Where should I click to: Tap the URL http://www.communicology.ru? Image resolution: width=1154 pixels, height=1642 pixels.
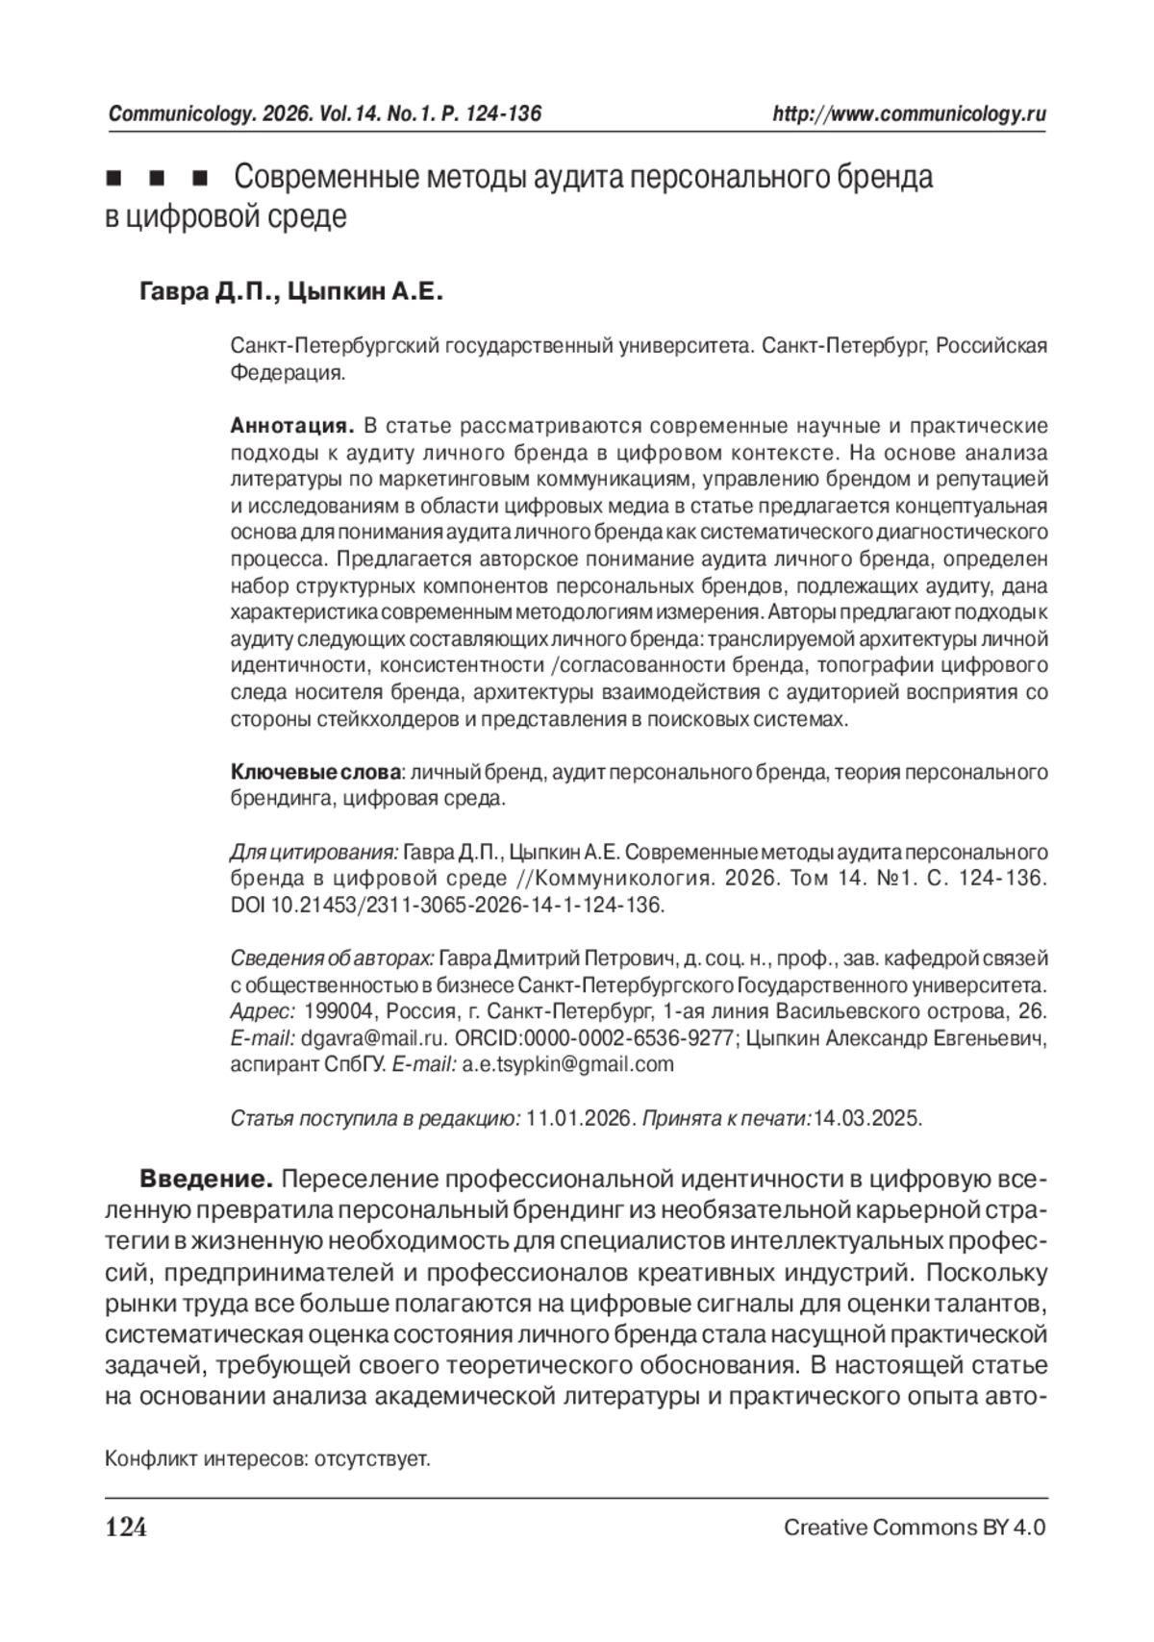coord(910,114)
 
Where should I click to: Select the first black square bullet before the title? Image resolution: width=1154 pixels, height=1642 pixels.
coord(113,180)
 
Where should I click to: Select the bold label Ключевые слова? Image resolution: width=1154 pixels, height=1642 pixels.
coord(315,772)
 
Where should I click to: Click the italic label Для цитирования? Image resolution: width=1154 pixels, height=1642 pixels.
coord(314,853)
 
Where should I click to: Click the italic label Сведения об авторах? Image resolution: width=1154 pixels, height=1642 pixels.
coord(333,958)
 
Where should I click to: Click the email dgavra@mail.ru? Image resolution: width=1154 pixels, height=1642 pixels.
coord(374,1038)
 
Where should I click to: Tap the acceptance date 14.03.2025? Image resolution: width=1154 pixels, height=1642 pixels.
coord(866,1119)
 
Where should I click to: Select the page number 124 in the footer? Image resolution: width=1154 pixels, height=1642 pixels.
coord(126,1528)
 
